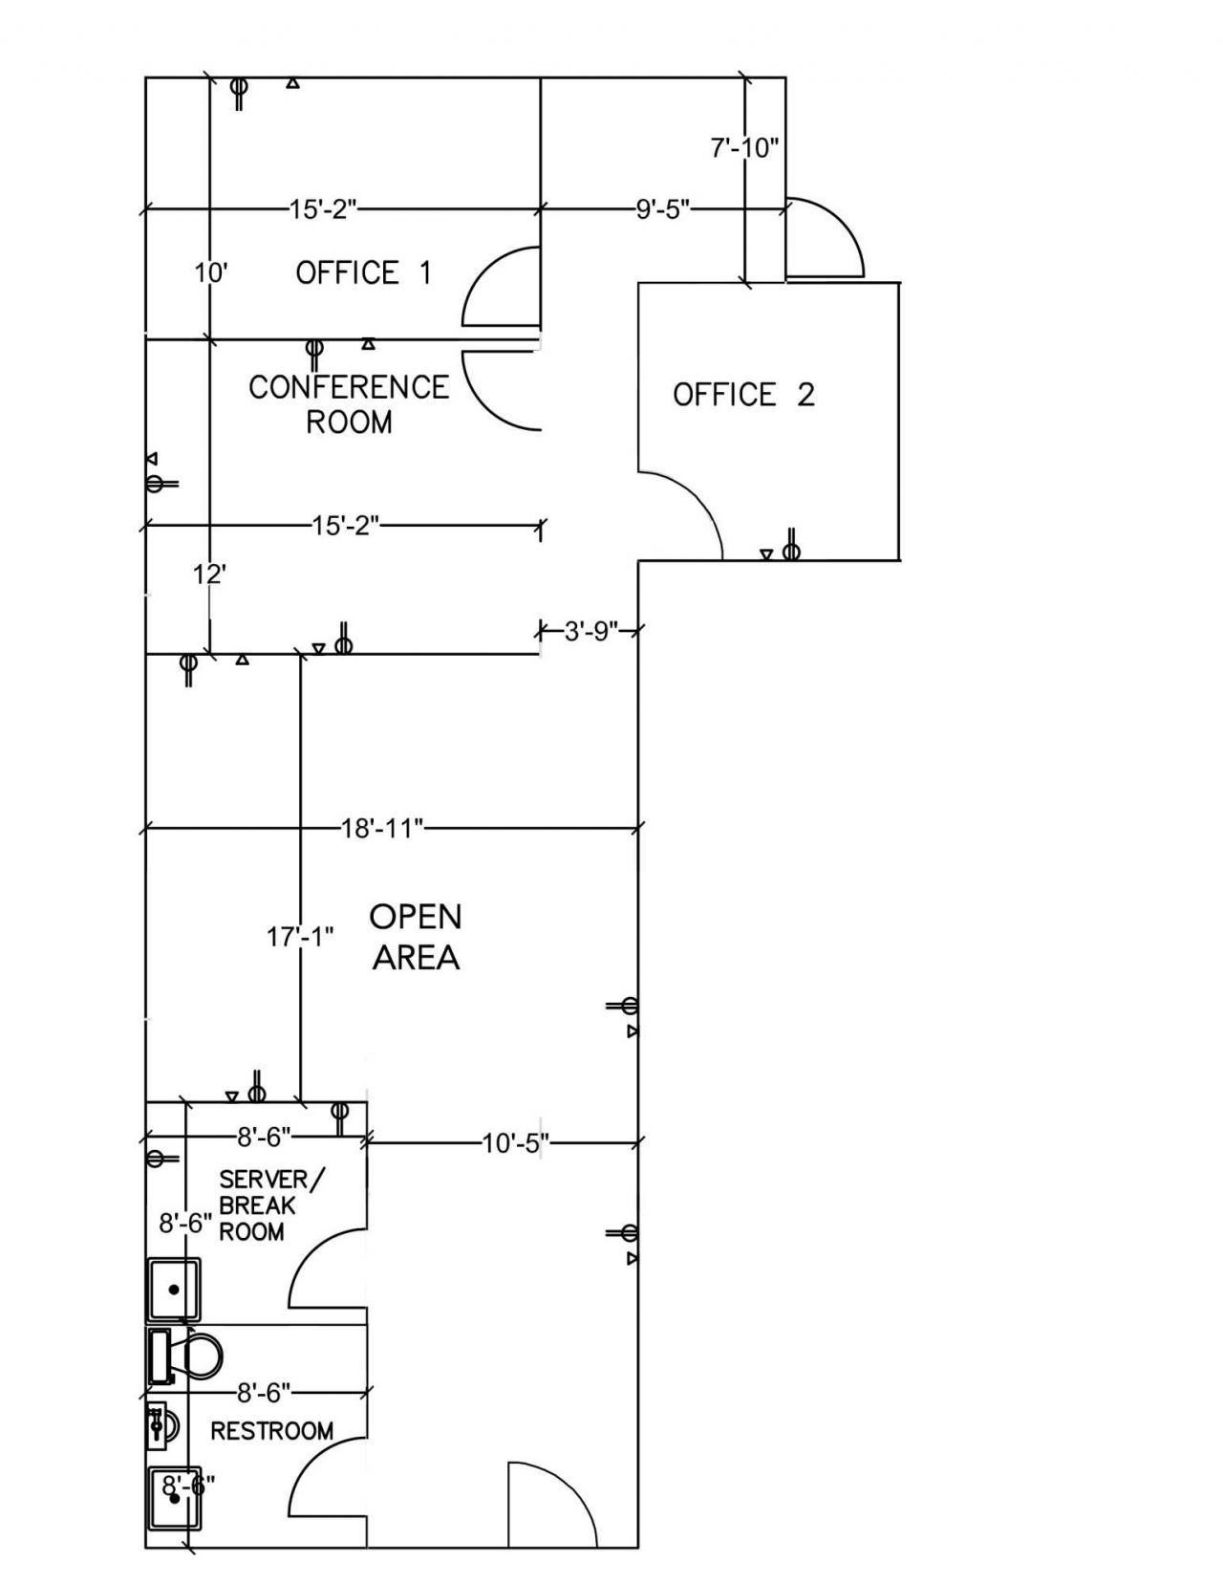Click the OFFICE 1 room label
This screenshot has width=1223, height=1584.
(x=363, y=272)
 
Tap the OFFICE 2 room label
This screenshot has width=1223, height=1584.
(x=743, y=395)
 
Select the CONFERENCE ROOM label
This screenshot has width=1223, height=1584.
(x=349, y=404)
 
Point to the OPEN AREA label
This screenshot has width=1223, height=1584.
(x=416, y=937)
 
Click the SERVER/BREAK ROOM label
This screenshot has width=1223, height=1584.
(x=273, y=1205)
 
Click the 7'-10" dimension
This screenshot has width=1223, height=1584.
(x=744, y=148)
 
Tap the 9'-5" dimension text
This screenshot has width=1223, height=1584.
(x=662, y=209)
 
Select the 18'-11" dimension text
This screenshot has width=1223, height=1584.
(x=382, y=828)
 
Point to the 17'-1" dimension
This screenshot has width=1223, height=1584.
(x=300, y=937)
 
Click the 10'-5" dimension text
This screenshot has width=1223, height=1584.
(x=515, y=1143)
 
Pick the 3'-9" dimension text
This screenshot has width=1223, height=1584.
(x=591, y=631)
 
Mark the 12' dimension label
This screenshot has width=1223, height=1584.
(x=209, y=575)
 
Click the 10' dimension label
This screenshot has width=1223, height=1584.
(x=211, y=273)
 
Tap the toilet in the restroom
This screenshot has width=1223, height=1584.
(x=184, y=1356)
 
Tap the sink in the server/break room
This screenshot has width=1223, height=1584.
(x=174, y=1289)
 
